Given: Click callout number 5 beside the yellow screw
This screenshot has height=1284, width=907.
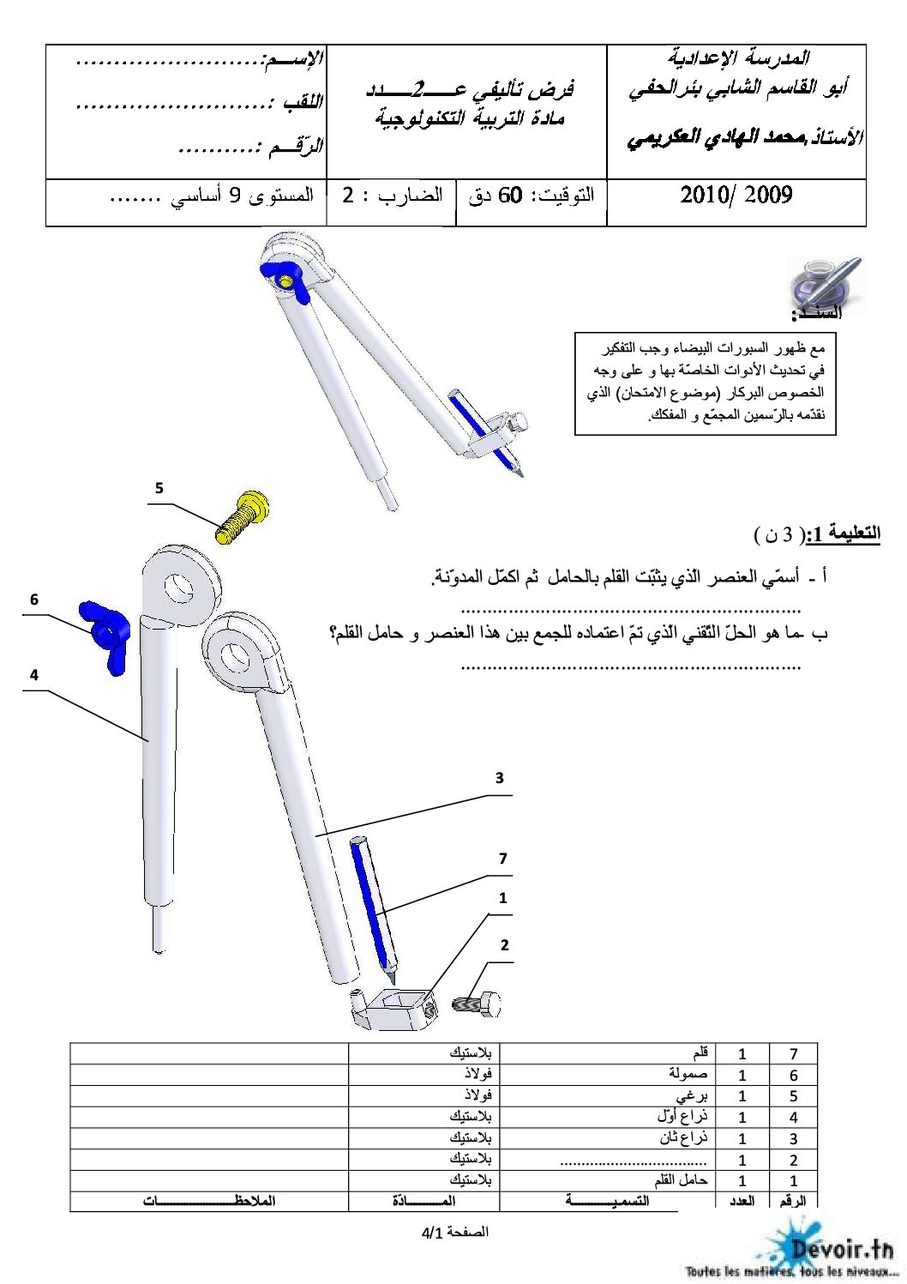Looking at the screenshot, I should [x=159, y=488].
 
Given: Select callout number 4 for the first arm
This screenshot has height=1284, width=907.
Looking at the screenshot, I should [x=33, y=675].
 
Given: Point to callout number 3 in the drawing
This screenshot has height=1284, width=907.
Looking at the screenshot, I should [x=500, y=778].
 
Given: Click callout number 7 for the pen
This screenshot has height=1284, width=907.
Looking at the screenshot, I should [x=503, y=859].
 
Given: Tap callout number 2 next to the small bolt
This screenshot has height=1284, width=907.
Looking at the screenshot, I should [x=505, y=945].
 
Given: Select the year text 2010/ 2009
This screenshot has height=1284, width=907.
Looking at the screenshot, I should [x=736, y=196].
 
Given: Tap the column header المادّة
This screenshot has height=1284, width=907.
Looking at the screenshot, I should [x=423, y=1201].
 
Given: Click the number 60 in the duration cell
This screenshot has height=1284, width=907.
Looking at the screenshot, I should [x=510, y=196].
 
